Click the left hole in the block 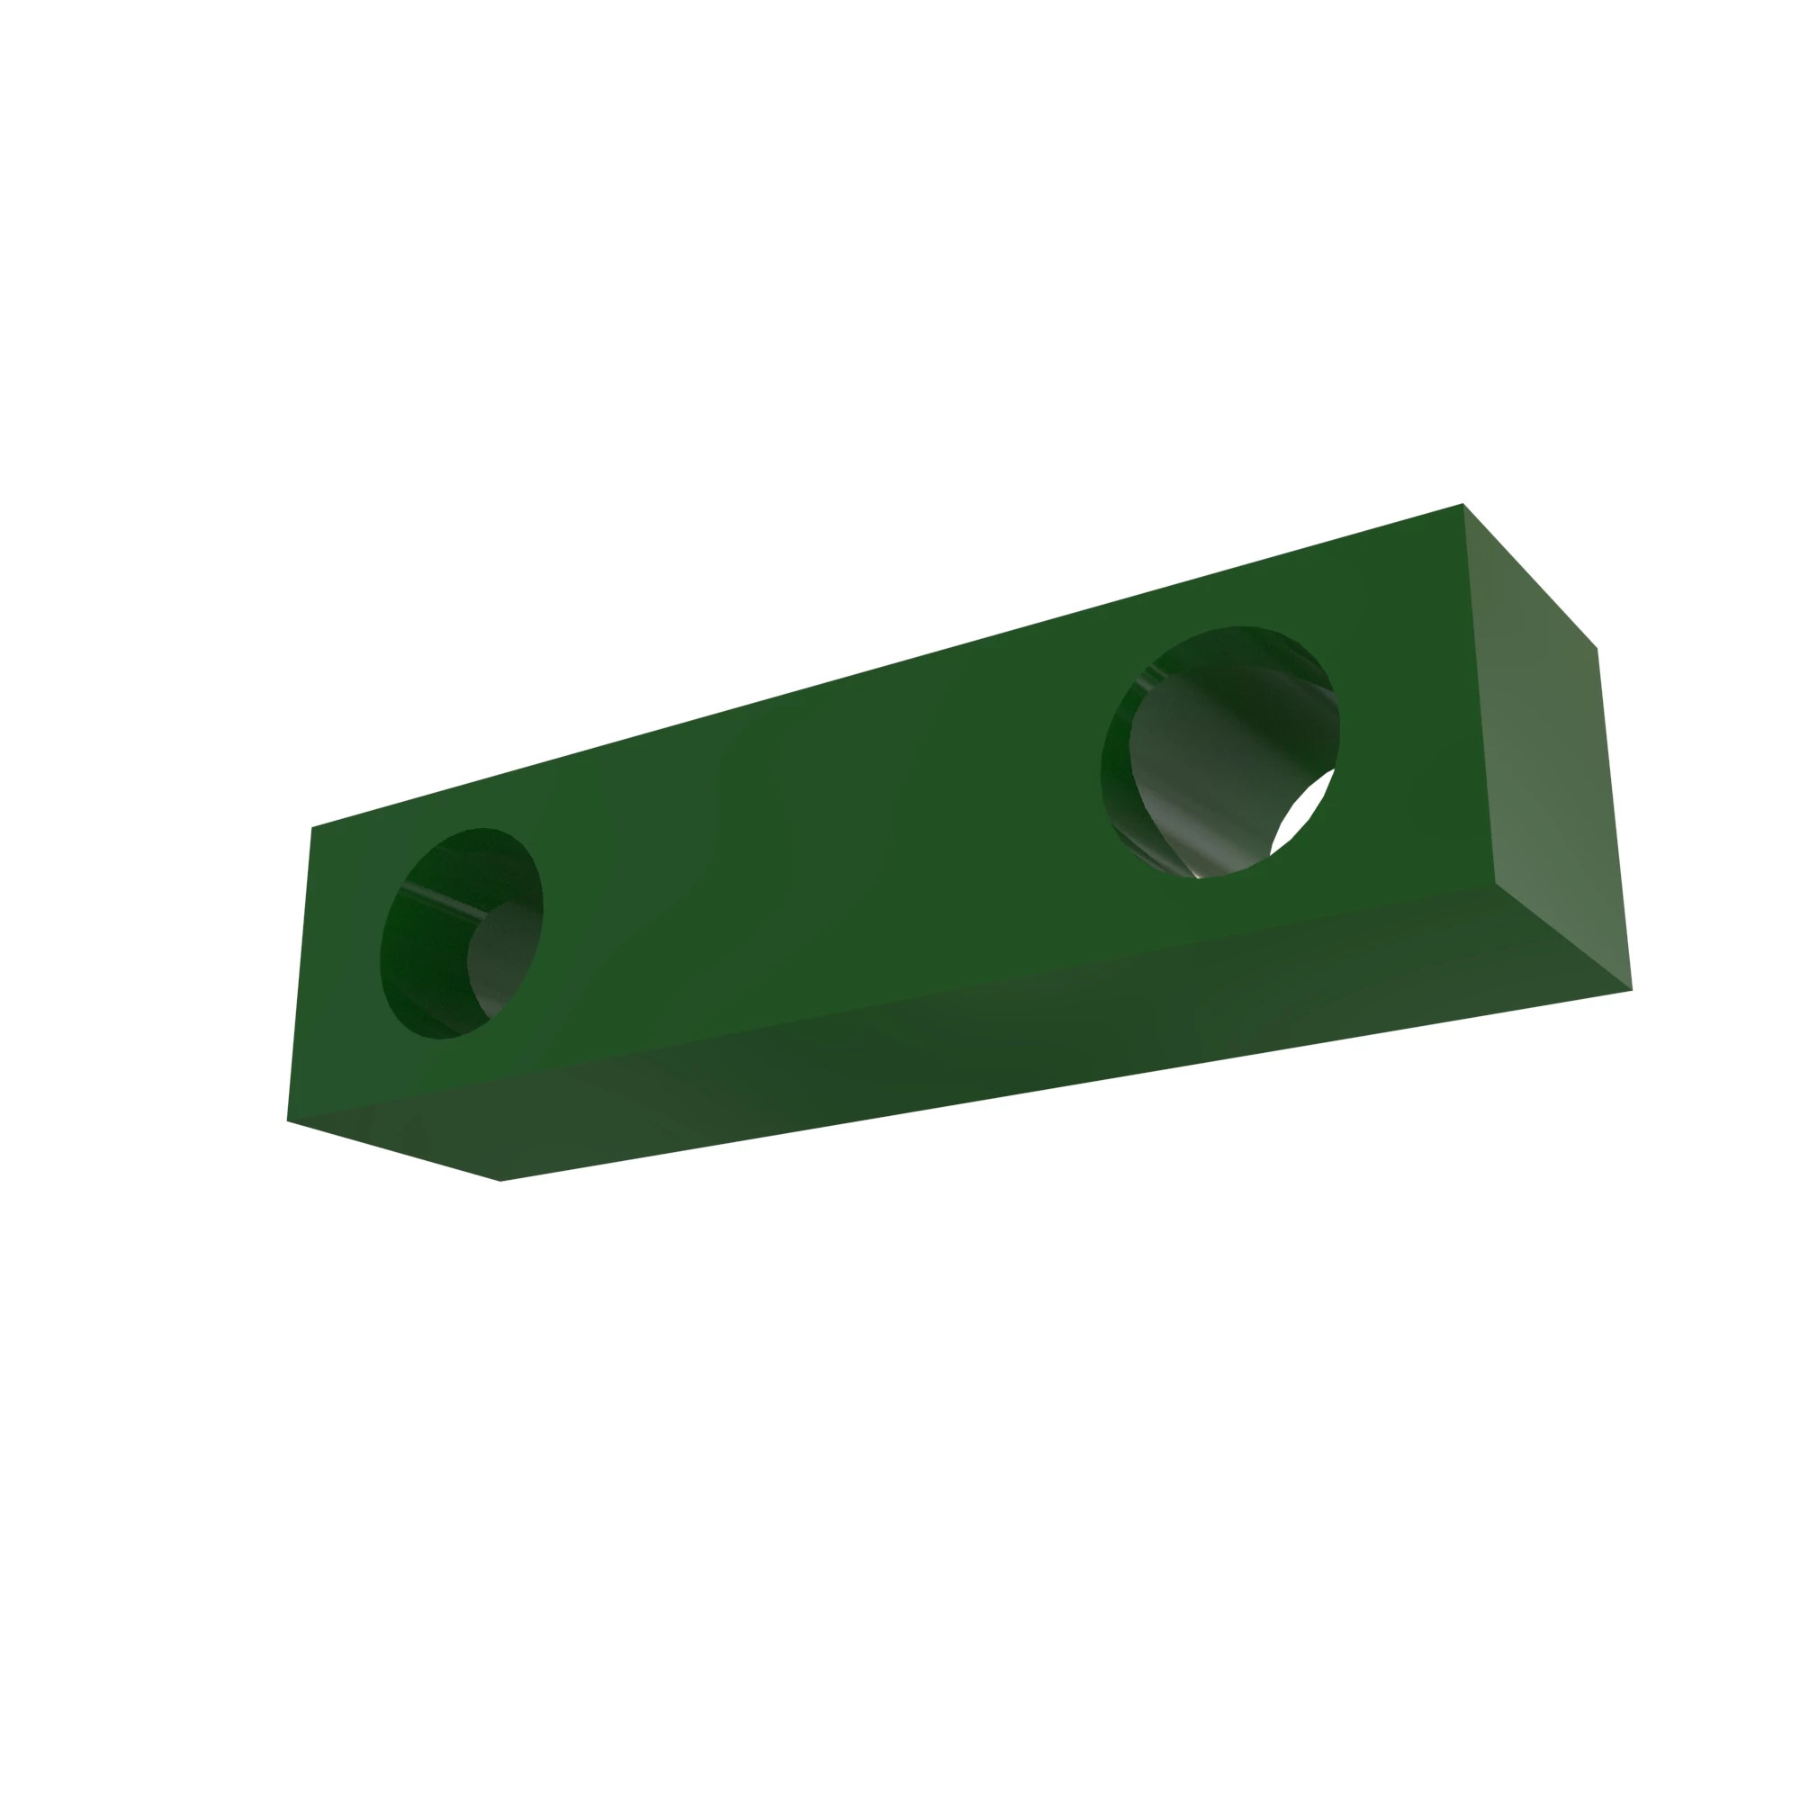pyautogui.click(x=460, y=932)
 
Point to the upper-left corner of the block pyautogui.click(x=312, y=827)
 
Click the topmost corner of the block pyautogui.click(x=1462, y=504)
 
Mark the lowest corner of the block pyautogui.click(x=500, y=1182)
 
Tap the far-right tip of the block pyautogui.click(x=1633, y=989)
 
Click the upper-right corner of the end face pyautogui.click(x=1597, y=648)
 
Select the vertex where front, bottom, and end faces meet pyautogui.click(x=1495, y=881)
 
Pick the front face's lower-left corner pyautogui.click(x=287, y=1120)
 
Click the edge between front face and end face pyautogui.click(x=1479, y=694)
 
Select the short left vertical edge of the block pyautogui.click(x=299, y=974)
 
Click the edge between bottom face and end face pyautogui.click(x=1563, y=935)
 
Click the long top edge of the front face pyautogui.click(x=885, y=665)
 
